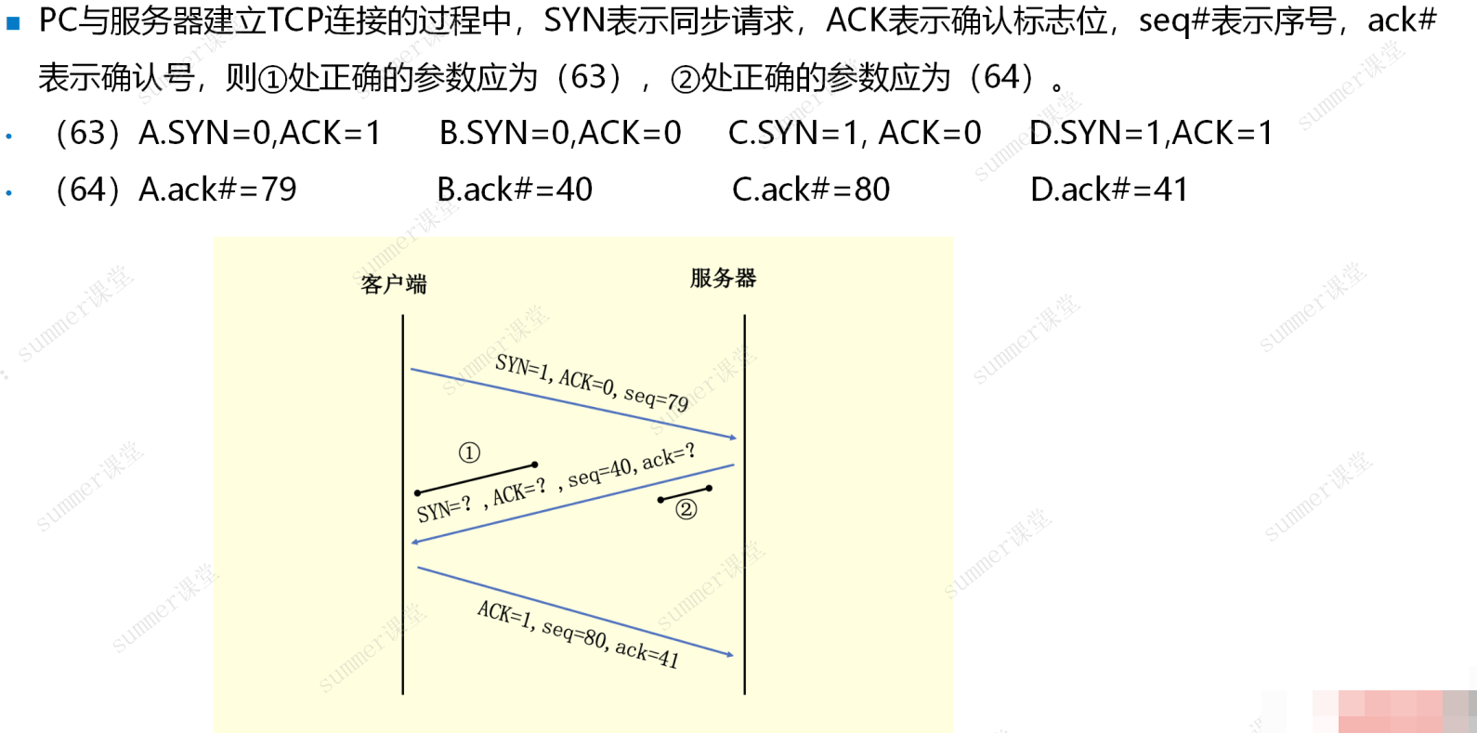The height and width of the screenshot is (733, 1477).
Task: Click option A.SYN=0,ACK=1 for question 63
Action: pyautogui.click(x=260, y=133)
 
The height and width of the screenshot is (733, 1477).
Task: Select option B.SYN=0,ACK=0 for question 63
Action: pyautogui.click(x=560, y=133)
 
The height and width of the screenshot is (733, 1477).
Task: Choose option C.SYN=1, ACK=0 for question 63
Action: pyautogui.click(x=855, y=133)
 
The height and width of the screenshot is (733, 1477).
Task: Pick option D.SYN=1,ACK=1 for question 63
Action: pyautogui.click(x=1151, y=133)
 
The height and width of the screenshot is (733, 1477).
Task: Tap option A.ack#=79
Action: pyautogui.click(x=217, y=190)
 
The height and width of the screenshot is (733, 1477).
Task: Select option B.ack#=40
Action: pyautogui.click(x=515, y=190)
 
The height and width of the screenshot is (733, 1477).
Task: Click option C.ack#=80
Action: pyautogui.click(x=811, y=190)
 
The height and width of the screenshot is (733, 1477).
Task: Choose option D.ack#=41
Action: pyautogui.click(x=1109, y=190)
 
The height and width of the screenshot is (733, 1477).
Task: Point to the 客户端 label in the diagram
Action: pyautogui.click(x=394, y=284)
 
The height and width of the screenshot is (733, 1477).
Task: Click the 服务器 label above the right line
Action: pyautogui.click(x=724, y=278)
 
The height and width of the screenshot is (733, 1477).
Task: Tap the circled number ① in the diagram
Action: pyautogui.click(x=469, y=452)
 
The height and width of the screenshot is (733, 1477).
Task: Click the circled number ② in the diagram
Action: pyautogui.click(x=686, y=509)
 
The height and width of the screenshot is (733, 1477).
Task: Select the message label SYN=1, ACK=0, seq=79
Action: pyautogui.click(x=592, y=383)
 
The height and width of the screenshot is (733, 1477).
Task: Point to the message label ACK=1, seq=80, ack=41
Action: pyautogui.click(x=578, y=635)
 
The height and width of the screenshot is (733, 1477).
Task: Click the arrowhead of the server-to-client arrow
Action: pyautogui.click(x=415, y=542)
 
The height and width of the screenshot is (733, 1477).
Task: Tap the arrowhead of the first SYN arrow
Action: pyautogui.click(x=732, y=437)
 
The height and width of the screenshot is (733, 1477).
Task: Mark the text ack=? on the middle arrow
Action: pyautogui.click(x=669, y=457)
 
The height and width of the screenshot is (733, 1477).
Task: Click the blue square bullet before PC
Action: pyautogui.click(x=13, y=24)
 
